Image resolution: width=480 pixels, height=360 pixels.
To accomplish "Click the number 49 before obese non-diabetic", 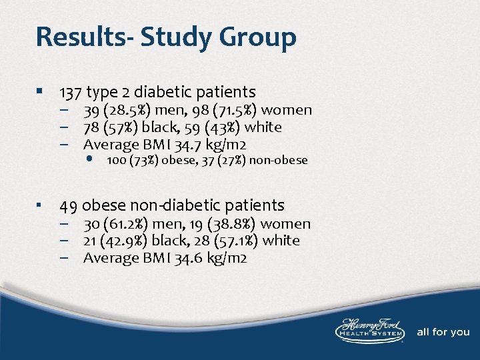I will (69, 205).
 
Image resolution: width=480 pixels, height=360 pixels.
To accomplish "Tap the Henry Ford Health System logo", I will (371, 329).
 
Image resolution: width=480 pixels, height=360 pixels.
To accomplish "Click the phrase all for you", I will (443, 332).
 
